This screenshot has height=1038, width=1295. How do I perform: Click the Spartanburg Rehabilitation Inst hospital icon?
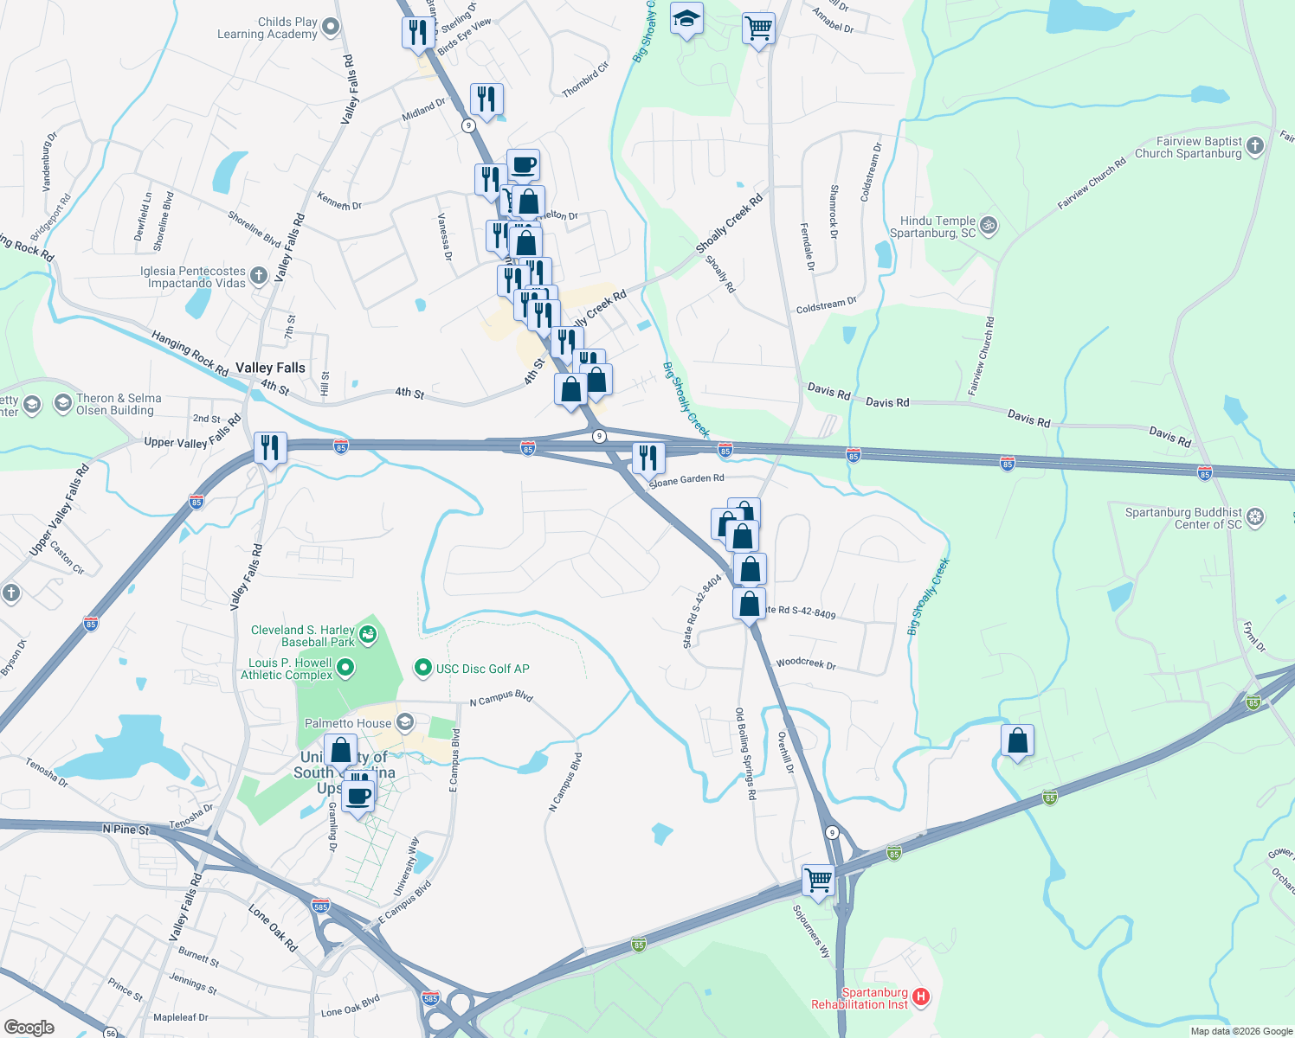pyautogui.click(x=921, y=997)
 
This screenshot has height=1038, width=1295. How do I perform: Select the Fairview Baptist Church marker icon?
pyautogui.click(x=1255, y=146)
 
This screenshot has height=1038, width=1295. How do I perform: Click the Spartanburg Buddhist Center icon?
pyautogui.click(x=1255, y=517)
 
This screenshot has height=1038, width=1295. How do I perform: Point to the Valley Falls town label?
pyautogui.click(x=270, y=368)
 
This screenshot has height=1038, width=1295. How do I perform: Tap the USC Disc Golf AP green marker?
pyautogui.click(x=423, y=668)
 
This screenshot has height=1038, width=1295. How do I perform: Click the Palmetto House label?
pyautogui.click(x=348, y=723)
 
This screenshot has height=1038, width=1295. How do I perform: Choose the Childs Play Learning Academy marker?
pyautogui.click(x=330, y=28)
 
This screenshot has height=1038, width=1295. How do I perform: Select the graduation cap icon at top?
pyautogui.click(x=686, y=19)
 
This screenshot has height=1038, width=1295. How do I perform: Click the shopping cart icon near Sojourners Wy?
pyautogui.click(x=818, y=881)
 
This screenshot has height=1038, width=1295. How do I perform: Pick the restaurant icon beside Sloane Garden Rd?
pyautogui.click(x=648, y=458)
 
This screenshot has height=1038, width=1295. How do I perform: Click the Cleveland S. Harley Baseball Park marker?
pyautogui.click(x=368, y=636)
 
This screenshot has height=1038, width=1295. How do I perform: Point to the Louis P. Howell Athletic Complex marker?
pyautogui.click(x=345, y=668)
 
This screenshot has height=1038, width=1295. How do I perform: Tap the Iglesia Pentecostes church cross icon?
pyautogui.click(x=258, y=277)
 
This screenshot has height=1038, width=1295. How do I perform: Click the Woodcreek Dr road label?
pyautogui.click(x=806, y=664)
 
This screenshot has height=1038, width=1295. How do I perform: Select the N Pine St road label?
pyautogui.click(x=126, y=830)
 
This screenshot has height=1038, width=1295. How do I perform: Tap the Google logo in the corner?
pyautogui.click(x=29, y=1028)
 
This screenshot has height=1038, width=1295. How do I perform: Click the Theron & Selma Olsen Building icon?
pyautogui.click(x=62, y=403)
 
